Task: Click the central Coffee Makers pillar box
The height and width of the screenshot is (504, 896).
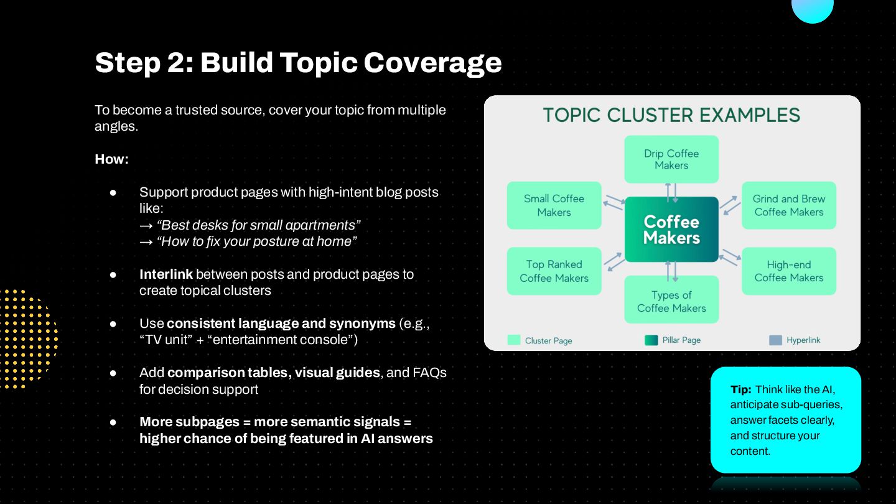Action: click(671, 230)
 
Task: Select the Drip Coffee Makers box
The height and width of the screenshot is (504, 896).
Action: click(671, 159)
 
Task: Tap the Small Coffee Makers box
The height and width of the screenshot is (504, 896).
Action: click(554, 205)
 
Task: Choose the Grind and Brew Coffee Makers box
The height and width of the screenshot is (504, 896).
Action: click(789, 205)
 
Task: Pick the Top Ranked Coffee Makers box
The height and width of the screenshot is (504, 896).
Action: click(554, 271)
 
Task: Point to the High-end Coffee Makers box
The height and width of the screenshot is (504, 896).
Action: click(789, 271)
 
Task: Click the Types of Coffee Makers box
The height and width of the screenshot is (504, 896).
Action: click(671, 301)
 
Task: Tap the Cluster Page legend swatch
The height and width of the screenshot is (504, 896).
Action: click(514, 340)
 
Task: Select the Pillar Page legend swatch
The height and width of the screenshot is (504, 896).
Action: click(651, 340)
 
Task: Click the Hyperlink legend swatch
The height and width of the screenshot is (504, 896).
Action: click(775, 340)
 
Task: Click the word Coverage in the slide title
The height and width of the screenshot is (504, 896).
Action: click(432, 62)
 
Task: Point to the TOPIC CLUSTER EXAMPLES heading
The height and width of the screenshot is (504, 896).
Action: click(671, 115)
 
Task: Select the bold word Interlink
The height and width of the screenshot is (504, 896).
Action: click(166, 274)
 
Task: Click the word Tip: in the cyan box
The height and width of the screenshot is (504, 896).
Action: click(741, 390)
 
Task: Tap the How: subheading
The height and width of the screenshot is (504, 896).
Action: click(111, 159)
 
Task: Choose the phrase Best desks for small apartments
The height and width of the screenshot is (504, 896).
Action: click(259, 225)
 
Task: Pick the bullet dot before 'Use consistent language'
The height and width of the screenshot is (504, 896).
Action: click(113, 324)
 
